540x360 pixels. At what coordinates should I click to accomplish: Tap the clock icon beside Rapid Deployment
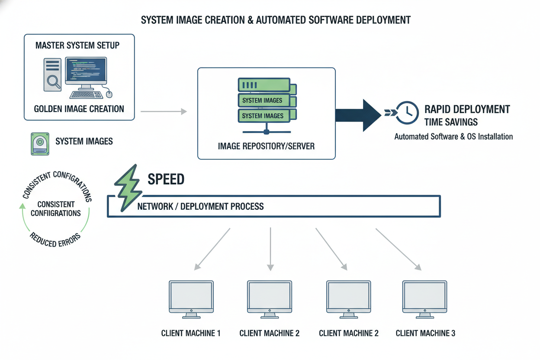coord(407,113)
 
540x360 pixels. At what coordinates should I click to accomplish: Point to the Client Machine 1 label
coord(191,333)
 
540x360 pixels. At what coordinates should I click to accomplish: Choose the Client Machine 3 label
coord(425,333)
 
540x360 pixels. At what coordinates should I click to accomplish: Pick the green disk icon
coord(40,144)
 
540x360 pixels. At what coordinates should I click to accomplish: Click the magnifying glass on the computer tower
coord(54,81)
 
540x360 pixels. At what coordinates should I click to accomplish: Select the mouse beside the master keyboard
coord(109,93)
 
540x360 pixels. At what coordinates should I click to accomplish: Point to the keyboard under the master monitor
coord(86,94)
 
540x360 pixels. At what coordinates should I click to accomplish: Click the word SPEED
coord(166,179)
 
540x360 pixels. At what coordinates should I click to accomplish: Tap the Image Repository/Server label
coord(266,146)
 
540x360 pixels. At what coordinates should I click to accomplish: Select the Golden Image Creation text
coord(79,109)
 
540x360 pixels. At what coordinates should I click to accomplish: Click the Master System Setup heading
coord(77,45)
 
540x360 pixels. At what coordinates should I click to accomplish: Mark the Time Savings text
coord(451,122)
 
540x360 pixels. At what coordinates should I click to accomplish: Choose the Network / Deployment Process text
coord(200,206)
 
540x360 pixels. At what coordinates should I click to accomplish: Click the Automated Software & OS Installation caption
coord(453,137)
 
